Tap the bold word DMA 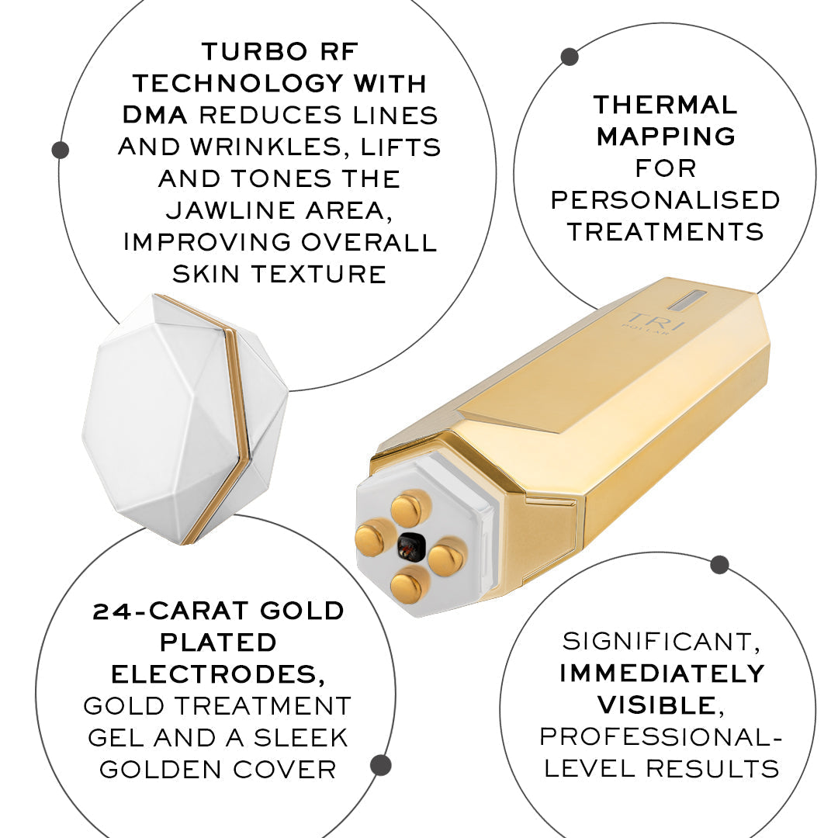tap(155, 115)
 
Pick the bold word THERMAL tap(665, 105)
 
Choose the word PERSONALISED tap(665, 199)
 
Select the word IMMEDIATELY tap(662, 673)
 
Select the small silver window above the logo tap(686, 300)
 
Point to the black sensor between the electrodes tap(410, 547)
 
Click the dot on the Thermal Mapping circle tap(570, 57)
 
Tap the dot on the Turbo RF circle tap(60, 150)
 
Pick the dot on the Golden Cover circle tap(380, 766)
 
